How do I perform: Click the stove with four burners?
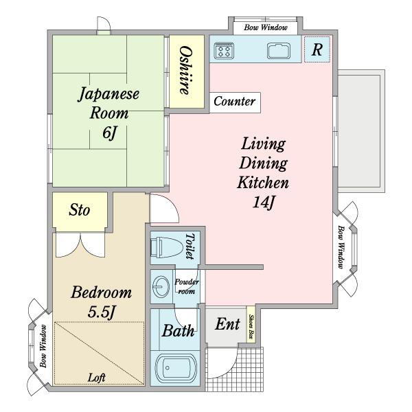(224, 51)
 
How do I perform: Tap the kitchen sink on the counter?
(279, 51)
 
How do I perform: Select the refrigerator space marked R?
(317, 49)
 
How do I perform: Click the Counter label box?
(235, 102)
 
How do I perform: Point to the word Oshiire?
(186, 71)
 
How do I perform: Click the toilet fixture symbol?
(167, 247)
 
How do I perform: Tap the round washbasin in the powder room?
(161, 286)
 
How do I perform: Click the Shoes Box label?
(251, 327)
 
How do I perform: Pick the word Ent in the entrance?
(227, 324)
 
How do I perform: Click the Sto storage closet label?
(80, 210)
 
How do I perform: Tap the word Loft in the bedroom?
(96, 378)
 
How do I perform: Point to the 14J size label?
(264, 203)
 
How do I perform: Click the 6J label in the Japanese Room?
(109, 133)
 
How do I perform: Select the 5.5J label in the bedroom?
(102, 312)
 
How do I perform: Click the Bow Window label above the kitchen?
(266, 27)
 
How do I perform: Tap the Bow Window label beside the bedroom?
(43, 346)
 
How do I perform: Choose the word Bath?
(178, 330)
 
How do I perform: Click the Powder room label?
(187, 286)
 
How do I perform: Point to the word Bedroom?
(102, 293)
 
